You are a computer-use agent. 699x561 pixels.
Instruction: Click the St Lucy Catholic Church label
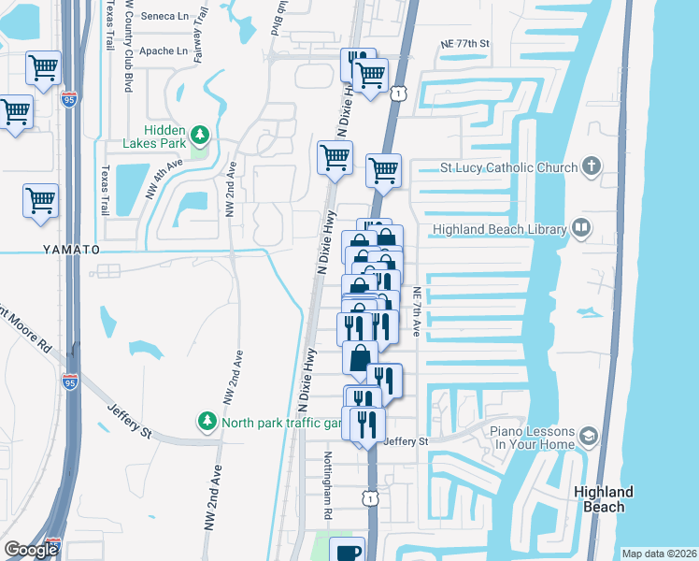pos(506,168)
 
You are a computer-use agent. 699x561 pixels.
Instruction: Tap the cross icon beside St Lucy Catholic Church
pos(590,167)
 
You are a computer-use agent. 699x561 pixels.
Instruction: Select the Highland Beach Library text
pos(499,229)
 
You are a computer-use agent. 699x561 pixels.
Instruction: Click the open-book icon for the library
pos(580,228)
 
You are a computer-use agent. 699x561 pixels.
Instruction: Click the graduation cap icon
pos(588,437)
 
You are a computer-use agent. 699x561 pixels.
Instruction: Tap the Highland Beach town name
pos(604,499)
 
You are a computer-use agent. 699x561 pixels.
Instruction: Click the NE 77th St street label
pos(464,44)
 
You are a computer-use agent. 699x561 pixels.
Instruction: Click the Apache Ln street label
pos(163,50)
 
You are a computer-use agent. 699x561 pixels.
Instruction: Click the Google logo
pos(31,549)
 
